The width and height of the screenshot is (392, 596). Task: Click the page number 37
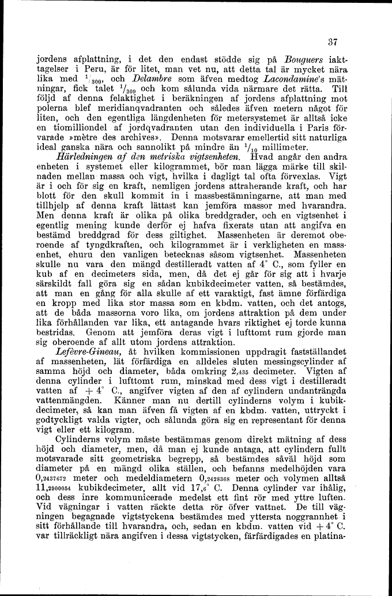pos(331,42)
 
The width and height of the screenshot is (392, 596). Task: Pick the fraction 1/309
pos(146,91)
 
